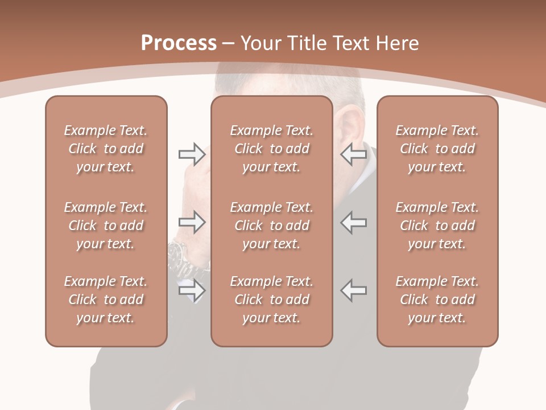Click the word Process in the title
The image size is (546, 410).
(179, 43)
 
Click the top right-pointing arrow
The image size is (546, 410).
(192, 154)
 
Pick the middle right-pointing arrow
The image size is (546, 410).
(192, 222)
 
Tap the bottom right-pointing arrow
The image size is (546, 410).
(192, 290)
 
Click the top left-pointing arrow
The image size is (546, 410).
(354, 154)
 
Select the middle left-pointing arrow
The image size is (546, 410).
(354, 222)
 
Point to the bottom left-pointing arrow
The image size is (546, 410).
(354, 290)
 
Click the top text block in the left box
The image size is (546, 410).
(106, 149)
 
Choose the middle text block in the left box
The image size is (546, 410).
(106, 225)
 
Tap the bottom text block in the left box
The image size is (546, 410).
(106, 300)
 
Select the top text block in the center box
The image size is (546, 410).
(271, 149)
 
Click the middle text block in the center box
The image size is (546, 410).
(271, 225)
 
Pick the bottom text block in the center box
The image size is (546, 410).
(271, 300)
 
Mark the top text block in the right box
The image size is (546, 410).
(437, 149)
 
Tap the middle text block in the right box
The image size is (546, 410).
(437, 225)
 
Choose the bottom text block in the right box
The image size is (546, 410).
(437, 300)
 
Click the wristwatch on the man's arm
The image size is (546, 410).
(178, 251)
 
